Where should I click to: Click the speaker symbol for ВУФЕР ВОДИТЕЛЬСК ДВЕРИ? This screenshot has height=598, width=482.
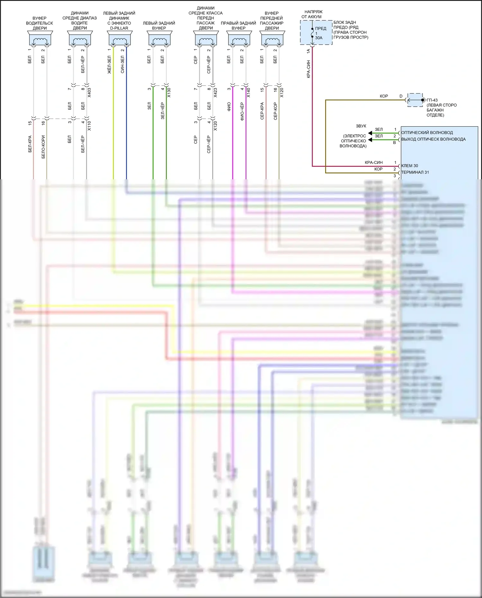pos(40,39)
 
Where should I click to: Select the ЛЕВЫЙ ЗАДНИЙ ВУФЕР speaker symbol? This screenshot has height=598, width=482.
pos(159,39)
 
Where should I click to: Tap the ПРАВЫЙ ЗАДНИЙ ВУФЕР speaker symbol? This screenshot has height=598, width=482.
pos(239,39)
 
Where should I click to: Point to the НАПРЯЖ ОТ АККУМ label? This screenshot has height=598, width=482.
pos(311,14)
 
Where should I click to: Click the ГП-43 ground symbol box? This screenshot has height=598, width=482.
pos(415,100)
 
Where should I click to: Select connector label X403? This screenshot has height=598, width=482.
pos(89,93)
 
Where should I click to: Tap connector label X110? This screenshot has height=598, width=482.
pos(89,126)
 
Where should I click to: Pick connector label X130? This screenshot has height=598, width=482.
pos(169,93)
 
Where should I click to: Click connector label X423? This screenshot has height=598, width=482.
pos(215,93)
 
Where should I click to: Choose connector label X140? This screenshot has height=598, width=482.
pos(248,93)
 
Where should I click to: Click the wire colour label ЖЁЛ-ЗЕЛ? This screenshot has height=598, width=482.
pos(109,65)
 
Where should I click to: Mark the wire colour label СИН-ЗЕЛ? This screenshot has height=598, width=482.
pos(122,65)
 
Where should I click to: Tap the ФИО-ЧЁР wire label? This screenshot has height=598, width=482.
pos(242,112)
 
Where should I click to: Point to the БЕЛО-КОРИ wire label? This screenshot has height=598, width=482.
pos(43,147)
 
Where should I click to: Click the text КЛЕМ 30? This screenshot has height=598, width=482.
pos(410,166)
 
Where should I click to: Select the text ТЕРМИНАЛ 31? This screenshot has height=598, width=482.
pos(415,172)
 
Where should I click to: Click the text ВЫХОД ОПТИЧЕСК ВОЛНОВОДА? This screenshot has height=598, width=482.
pos(433,139)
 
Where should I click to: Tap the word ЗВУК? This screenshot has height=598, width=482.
pos(361,126)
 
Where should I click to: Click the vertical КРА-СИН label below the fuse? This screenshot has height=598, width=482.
pos(308,69)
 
